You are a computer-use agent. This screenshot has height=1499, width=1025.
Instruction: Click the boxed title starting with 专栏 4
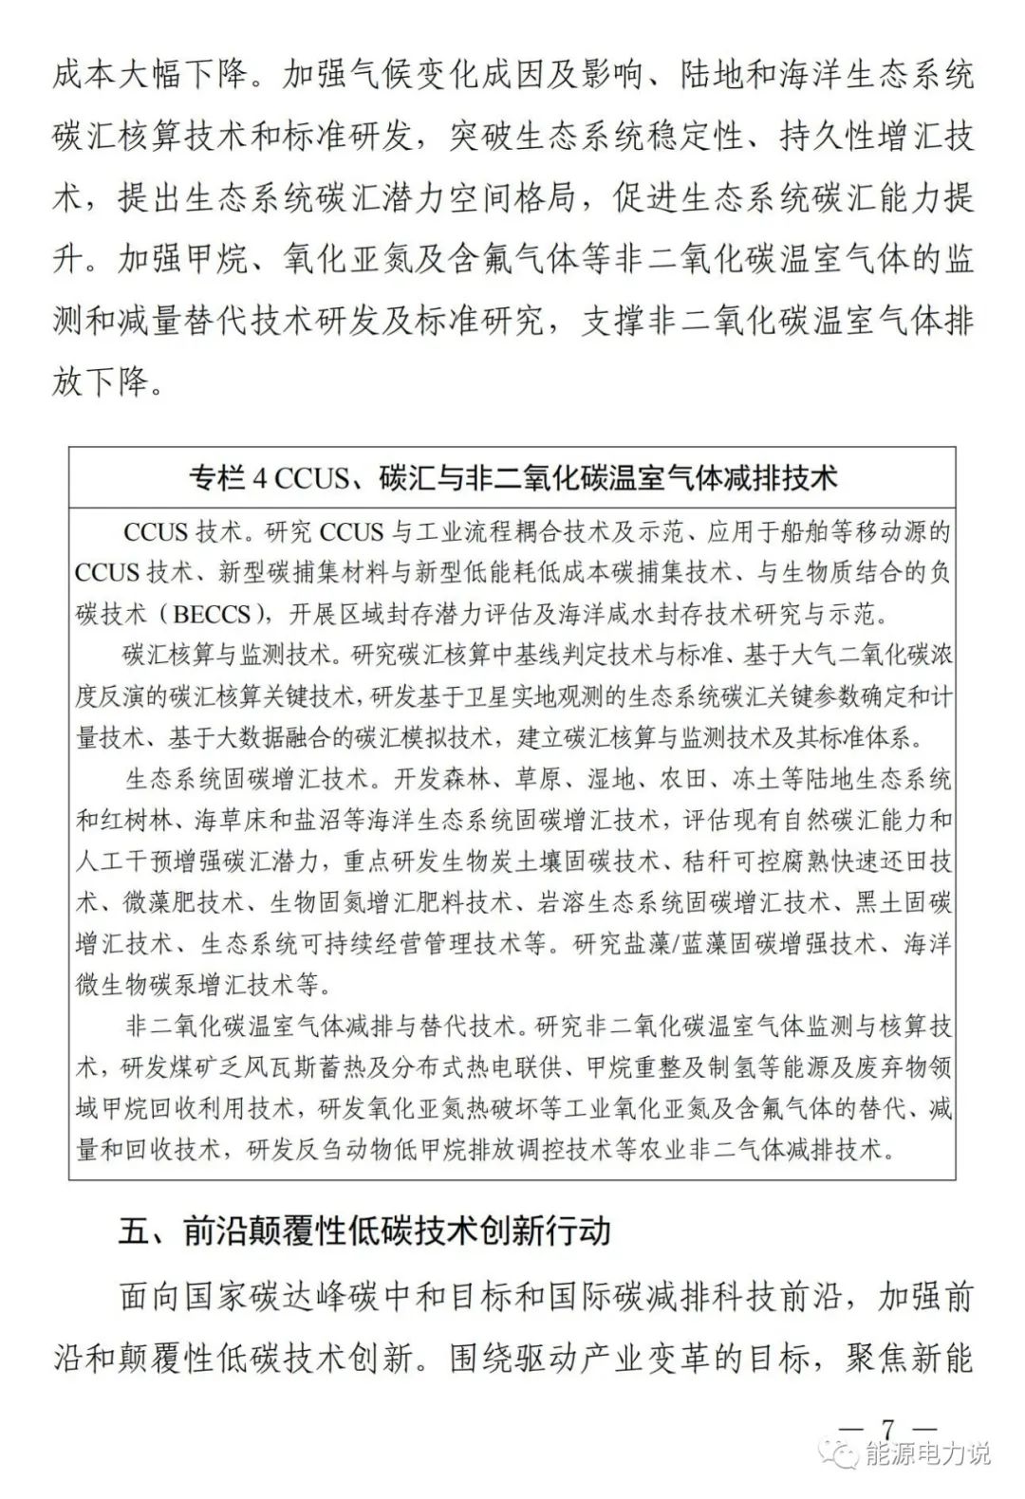[x=512, y=476]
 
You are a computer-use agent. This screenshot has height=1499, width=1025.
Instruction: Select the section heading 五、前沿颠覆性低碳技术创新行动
[x=364, y=1231]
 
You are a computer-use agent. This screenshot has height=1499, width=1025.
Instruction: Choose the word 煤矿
[x=217, y=1066]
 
